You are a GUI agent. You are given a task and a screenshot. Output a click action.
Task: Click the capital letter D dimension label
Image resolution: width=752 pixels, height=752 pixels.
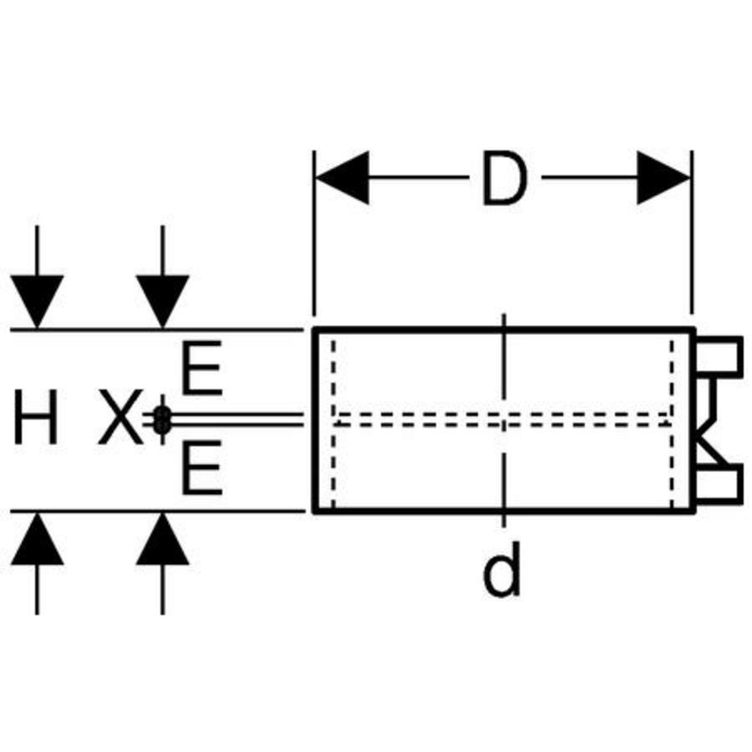[504, 179]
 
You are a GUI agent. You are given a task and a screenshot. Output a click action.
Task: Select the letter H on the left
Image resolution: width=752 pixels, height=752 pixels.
[36, 420]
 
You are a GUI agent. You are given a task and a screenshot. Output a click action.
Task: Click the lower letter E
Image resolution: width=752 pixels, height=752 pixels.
[201, 470]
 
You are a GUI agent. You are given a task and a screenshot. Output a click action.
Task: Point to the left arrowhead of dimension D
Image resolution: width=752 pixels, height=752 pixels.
[342, 178]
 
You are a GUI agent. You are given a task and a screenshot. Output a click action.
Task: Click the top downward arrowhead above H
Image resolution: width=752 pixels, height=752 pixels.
[37, 301]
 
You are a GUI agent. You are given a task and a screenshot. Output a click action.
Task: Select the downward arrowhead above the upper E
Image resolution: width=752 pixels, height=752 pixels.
[162, 301]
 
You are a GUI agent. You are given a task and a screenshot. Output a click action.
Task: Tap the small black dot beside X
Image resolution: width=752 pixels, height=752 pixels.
[162, 420]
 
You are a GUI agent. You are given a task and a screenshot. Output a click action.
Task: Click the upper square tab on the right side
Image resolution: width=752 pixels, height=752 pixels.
[720, 355]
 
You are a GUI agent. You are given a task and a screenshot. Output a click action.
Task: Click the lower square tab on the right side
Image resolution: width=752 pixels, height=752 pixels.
[720, 485]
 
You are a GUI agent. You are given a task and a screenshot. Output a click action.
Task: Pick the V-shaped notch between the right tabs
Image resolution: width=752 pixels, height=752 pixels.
[707, 420]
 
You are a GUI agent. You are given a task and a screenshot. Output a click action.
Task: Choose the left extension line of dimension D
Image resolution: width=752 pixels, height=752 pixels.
[313, 234]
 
